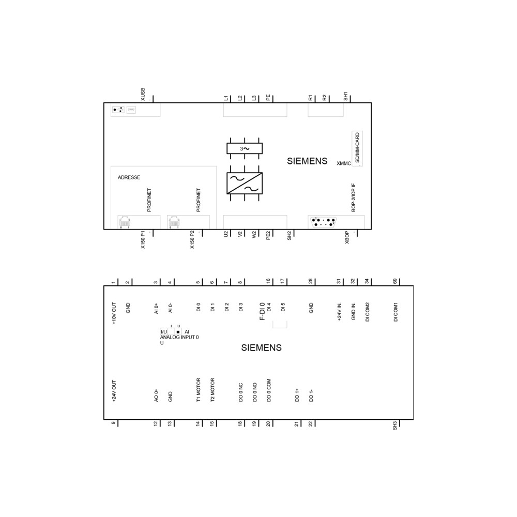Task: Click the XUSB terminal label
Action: [143, 94]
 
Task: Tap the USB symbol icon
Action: [118, 110]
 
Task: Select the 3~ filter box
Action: [245, 148]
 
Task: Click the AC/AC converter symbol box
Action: [245, 184]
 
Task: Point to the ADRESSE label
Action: [129, 177]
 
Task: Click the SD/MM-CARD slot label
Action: [357, 148]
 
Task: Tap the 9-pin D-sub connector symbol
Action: [323, 222]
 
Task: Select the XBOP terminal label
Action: [347, 237]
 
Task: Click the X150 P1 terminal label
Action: [143, 239]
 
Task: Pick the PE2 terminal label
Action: [268, 235]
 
